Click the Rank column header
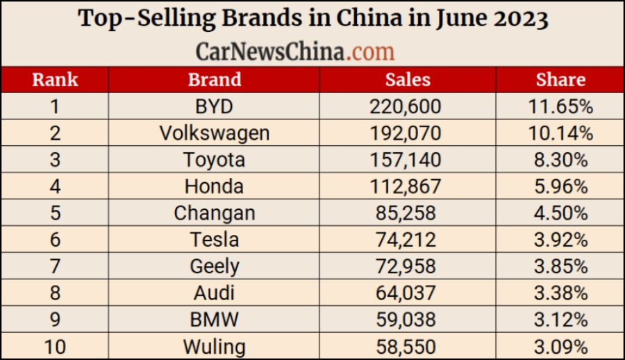pyautogui.click(x=55, y=79)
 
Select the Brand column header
pyautogui.click(x=214, y=79)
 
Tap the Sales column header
pyautogui.click(x=408, y=79)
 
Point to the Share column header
pyautogui.click(x=560, y=79)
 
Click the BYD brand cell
pyautogui.click(x=214, y=107)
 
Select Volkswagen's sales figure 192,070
pyautogui.click(x=408, y=133)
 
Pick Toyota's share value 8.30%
pyautogui.click(x=560, y=160)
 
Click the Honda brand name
pyautogui.click(x=214, y=186)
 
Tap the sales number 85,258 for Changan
pyautogui.click(x=408, y=213)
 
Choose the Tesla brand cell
pyautogui.click(x=214, y=240)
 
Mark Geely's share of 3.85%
pyautogui.click(x=560, y=266)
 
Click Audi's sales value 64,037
pyautogui.click(x=408, y=293)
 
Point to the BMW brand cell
pyautogui.click(x=214, y=319)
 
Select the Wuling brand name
pyautogui.click(x=214, y=345)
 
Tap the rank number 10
pyautogui.click(x=55, y=345)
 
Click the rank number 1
pyautogui.click(x=55, y=107)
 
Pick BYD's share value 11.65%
pyautogui.click(x=560, y=107)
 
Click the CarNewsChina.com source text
pyautogui.click(x=295, y=51)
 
